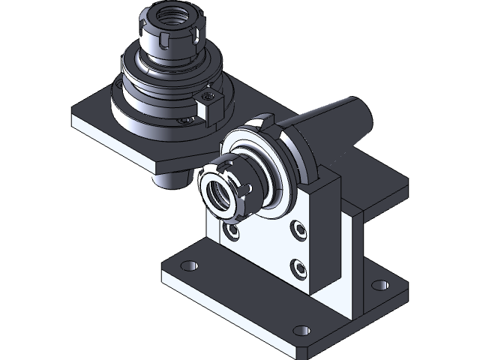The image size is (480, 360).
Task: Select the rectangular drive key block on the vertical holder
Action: [x=208, y=106]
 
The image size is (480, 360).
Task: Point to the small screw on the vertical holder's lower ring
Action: [x=183, y=118]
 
